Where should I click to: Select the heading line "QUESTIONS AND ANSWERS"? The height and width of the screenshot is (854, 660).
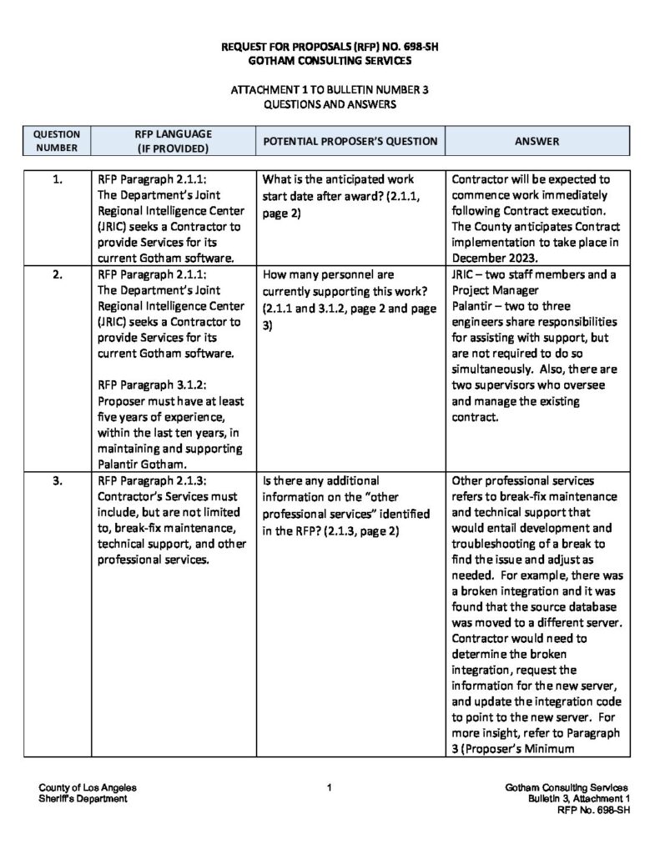(330, 106)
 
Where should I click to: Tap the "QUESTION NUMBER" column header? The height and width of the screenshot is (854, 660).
(58, 141)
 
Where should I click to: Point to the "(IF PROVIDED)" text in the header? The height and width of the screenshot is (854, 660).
(173, 148)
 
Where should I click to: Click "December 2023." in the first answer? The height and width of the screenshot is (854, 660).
(491, 258)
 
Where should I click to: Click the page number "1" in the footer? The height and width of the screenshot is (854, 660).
(330, 787)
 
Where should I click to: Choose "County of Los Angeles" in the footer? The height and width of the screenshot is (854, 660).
(88, 787)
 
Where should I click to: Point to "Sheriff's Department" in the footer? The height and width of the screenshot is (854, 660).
(83, 798)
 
